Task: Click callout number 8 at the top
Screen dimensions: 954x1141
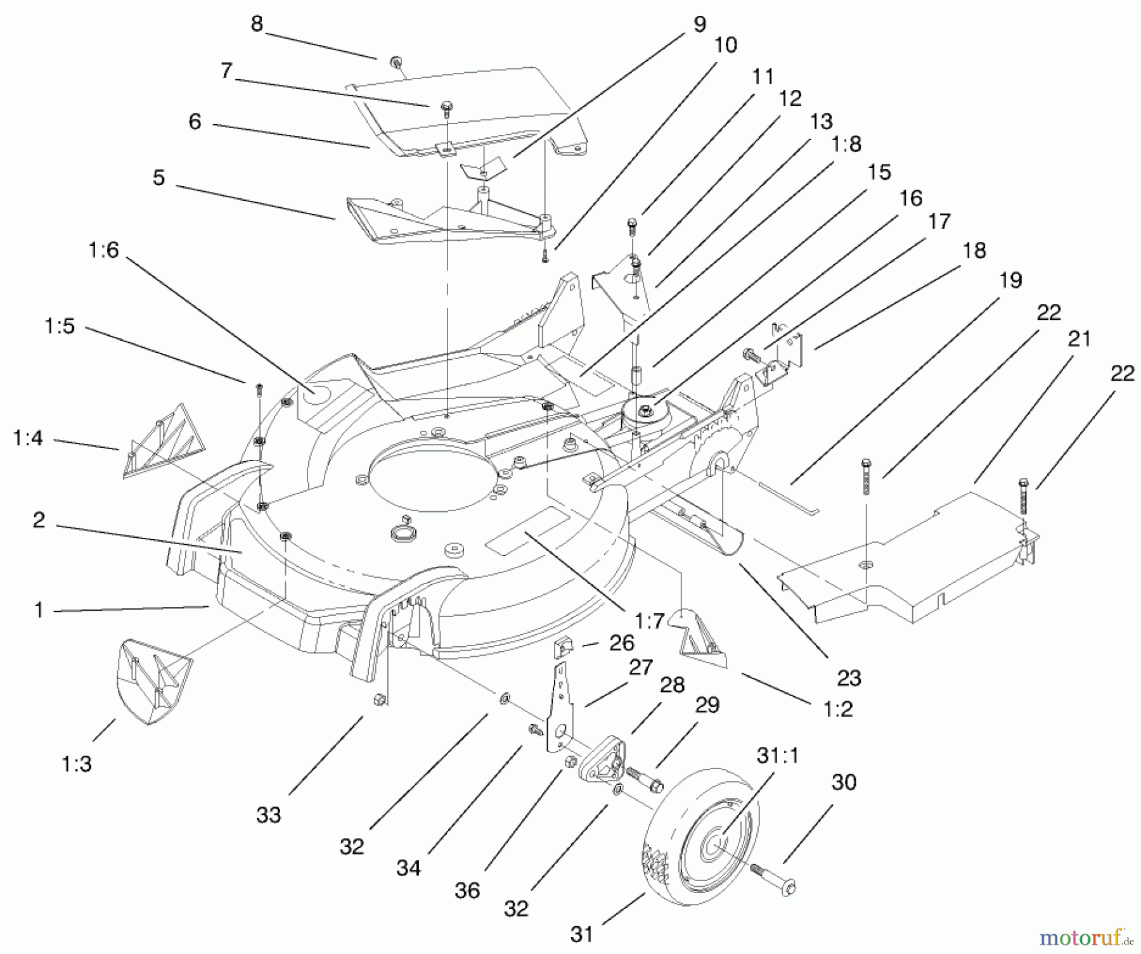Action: [x=256, y=24]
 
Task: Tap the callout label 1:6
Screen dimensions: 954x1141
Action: [x=104, y=250]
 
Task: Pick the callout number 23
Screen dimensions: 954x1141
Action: [x=849, y=678]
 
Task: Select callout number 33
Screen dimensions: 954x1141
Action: [x=269, y=815]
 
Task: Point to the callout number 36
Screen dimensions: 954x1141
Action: [x=467, y=891]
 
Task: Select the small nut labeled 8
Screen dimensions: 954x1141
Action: [x=394, y=61]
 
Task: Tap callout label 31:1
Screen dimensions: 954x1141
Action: [x=778, y=755]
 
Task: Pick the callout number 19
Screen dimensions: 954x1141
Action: [x=1010, y=280]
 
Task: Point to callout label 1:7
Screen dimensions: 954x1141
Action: [x=649, y=621]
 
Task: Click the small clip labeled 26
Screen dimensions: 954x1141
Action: [x=563, y=649]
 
